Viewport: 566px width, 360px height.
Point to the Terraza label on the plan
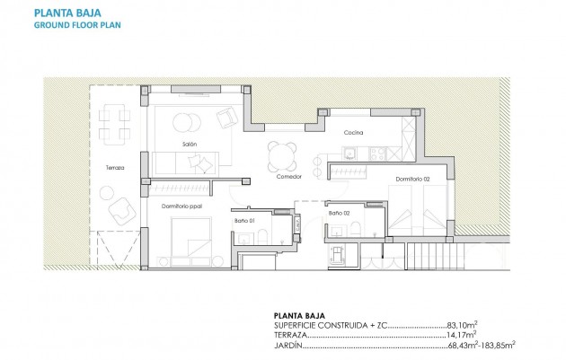pyautogui.click(x=114, y=168)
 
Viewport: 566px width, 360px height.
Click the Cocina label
pyautogui.click(x=352, y=134)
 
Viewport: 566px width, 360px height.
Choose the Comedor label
pyautogui.click(x=288, y=177)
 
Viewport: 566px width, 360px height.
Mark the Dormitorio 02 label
pyautogui.click(x=414, y=180)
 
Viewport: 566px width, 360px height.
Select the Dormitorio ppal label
pyautogui.click(x=182, y=206)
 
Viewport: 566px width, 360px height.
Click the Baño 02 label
pyautogui.click(x=338, y=213)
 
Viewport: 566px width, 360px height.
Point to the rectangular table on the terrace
pyautogui.click(x=112, y=125)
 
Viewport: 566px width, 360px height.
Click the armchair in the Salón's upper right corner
pyautogui.click(x=227, y=116)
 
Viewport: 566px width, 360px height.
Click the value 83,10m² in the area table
pyautogui.click(x=462, y=326)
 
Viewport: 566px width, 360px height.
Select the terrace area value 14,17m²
pyautogui.click(x=462, y=335)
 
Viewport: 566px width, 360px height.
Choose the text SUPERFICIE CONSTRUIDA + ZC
pyautogui.click(x=329, y=326)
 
